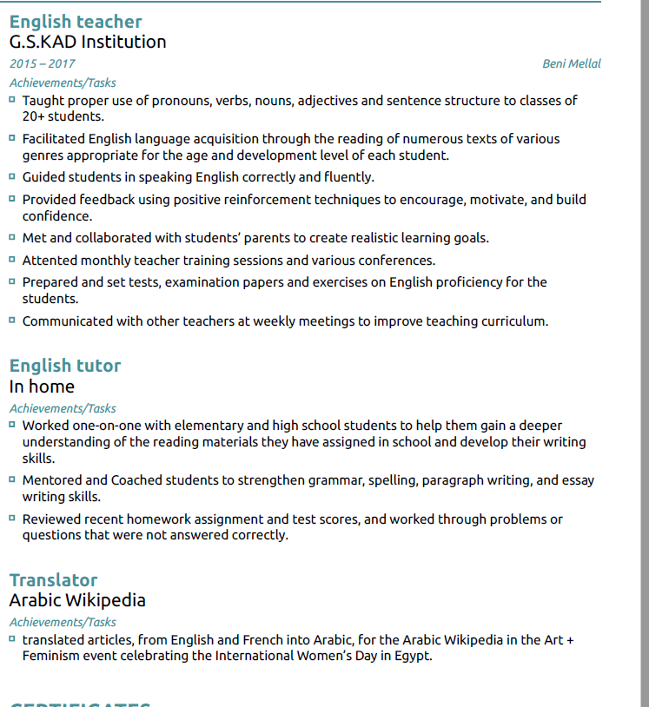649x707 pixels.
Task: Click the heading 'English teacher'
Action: pyautogui.click(x=76, y=22)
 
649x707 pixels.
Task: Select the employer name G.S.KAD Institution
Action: pyautogui.click(x=88, y=42)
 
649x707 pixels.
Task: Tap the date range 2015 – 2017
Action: pyautogui.click(x=43, y=63)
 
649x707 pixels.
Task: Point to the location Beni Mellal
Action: pyautogui.click(x=571, y=63)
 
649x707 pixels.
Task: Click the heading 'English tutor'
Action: pyautogui.click(x=65, y=366)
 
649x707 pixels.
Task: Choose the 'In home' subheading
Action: pyautogui.click(x=42, y=387)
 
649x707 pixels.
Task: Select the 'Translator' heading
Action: pyautogui.click(x=53, y=580)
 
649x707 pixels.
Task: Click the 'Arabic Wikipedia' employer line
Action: pyautogui.click(x=77, y=600)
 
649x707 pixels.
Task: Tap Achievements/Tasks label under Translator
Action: pyautogui.click(x=63, y=622)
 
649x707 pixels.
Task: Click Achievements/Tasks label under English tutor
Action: pyautogui.click(x=63, y=408)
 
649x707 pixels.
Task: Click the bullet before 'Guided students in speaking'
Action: pyautogui.click(x=12, y=176)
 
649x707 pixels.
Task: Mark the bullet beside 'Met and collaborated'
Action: pyautogui.click(x=12, y=236)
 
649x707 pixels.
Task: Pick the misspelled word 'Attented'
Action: pyautogui.click(x=49, y=261)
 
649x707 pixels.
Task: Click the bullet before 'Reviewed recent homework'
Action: pyautogui.click(x=12, y=518)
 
